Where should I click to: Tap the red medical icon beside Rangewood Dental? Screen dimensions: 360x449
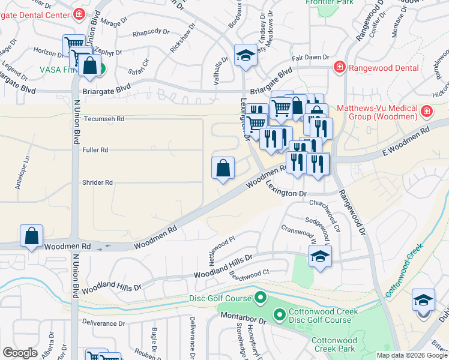pyautogui.click(x=339, y=67)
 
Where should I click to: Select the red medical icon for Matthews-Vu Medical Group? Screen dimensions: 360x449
pyautogui.click(x=426, y=111)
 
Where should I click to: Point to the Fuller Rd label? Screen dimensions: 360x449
pyautogui.click(x=96, y=150)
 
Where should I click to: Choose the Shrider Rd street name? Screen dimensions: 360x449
pyautogui.click(x=97, y=182)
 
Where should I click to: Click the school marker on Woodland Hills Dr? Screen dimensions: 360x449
pyautogui.click(x=320, y=257)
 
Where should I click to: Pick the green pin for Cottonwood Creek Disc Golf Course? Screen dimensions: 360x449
pyautogui.click(x=279, y=314)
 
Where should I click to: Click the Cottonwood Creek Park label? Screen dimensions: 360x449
pyautogui.click(x=334, y=344)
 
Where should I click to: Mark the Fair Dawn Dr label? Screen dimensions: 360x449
pyautogui.click(x=311, y=58)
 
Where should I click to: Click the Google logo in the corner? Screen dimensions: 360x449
pyautogui.click(x=20, y=353)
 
